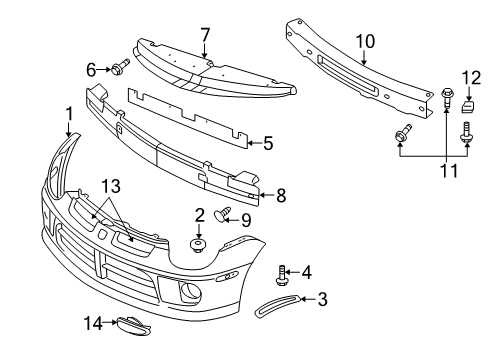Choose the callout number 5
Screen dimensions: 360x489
point(268,144)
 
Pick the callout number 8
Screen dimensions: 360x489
point(280,195)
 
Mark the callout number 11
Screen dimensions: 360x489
point(450,171)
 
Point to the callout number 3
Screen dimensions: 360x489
point(322,298)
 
